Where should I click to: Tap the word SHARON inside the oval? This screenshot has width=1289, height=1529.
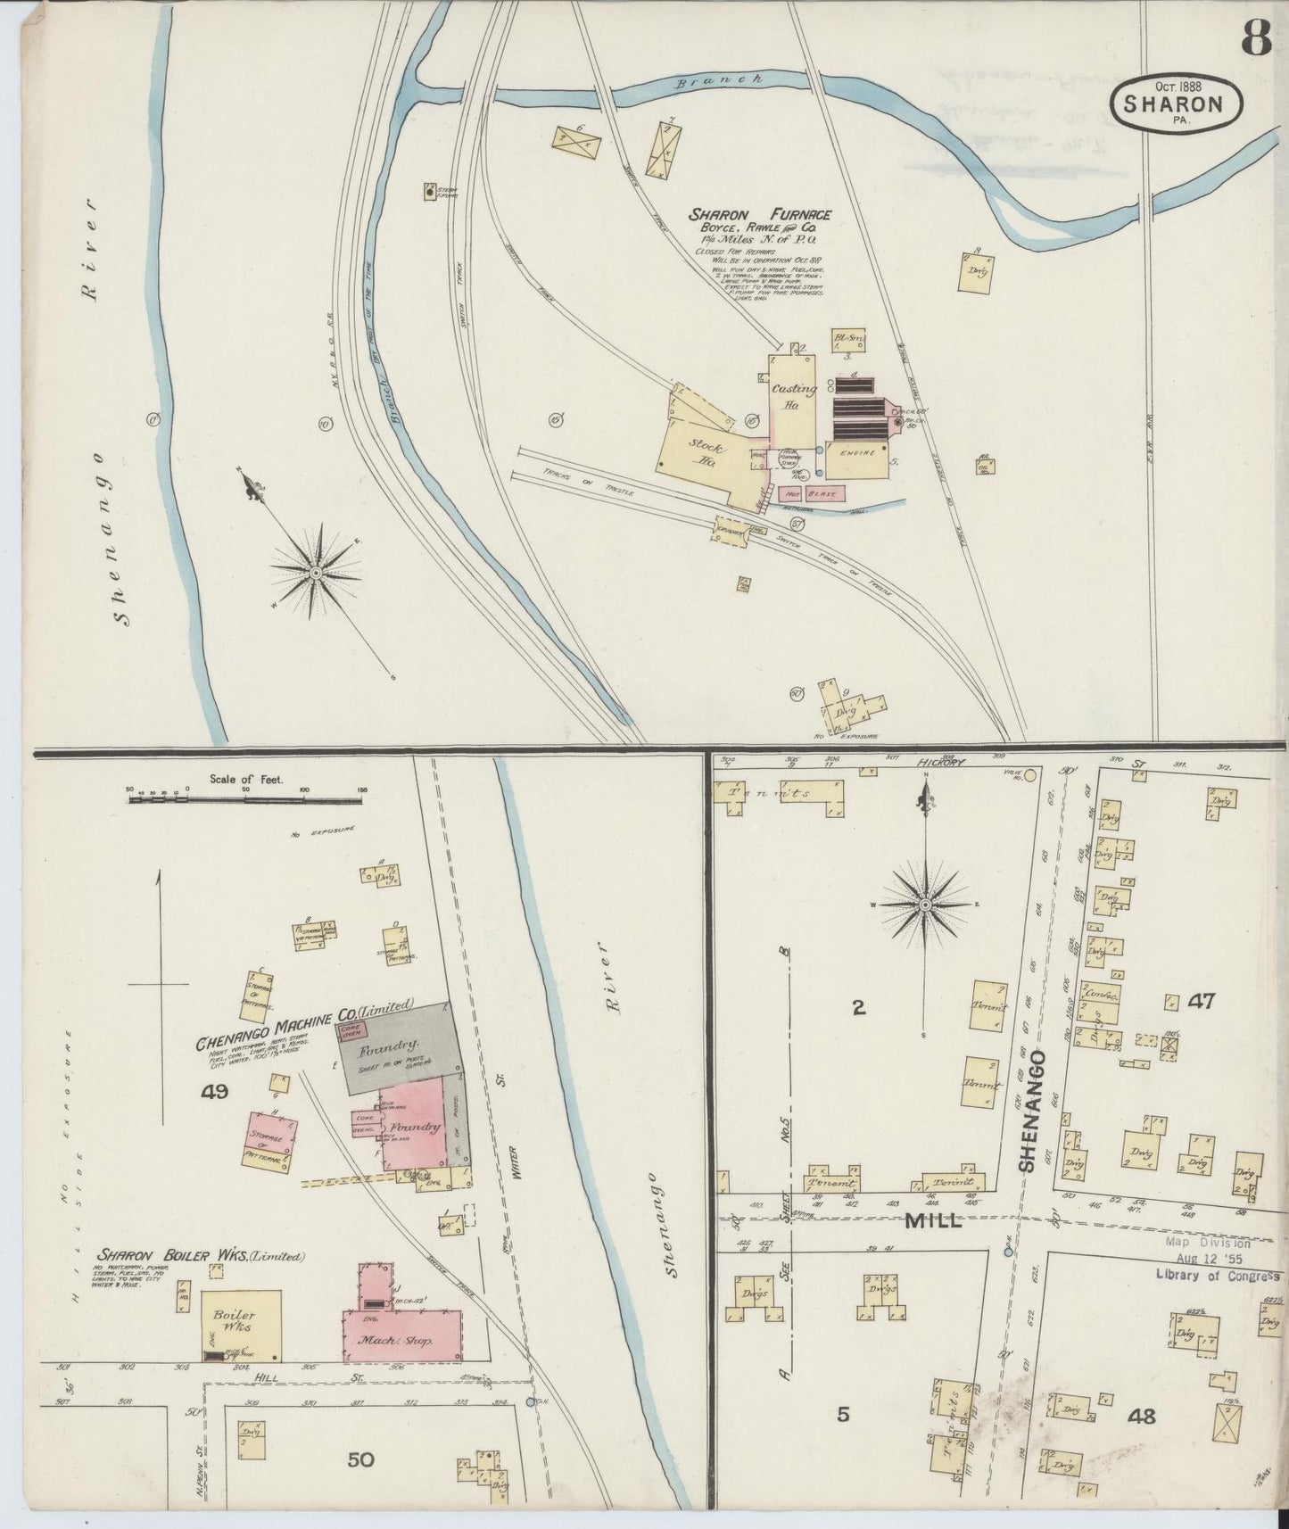1175,103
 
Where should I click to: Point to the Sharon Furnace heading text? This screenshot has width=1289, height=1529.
760,215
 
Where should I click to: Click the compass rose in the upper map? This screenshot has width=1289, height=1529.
315,571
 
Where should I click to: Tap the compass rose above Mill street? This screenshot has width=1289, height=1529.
925,905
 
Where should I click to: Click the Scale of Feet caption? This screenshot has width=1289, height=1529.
246,779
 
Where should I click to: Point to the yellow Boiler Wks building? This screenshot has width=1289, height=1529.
240,1325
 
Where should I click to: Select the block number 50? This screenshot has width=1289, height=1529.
360,1459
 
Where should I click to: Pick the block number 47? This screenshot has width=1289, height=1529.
1202,1001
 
